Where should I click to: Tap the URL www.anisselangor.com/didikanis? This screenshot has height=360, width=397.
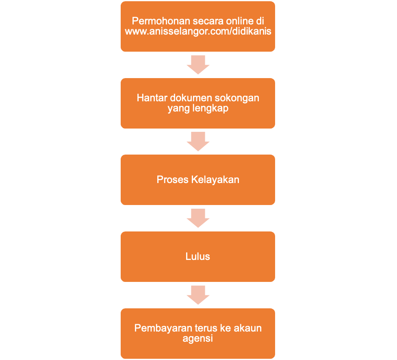click(198, 31)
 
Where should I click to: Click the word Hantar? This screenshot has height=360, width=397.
click(152, 98)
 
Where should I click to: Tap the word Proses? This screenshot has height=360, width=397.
click(172, 179)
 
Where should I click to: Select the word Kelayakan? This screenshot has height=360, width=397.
click(215, 180)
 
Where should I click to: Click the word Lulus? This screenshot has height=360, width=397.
click(198, 257)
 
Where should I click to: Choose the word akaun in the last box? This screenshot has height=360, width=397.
click(247, 328)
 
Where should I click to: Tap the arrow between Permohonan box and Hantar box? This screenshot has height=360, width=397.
click(198, 65)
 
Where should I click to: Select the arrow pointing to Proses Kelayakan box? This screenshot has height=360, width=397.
click(198, 142)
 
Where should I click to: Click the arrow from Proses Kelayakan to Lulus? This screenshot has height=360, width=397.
click(198, 218)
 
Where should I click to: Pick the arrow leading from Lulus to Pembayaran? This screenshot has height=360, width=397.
click(198, 295)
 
